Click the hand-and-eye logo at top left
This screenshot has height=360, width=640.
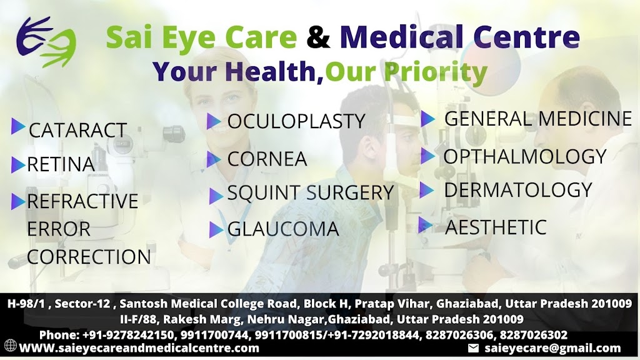pos(46,41)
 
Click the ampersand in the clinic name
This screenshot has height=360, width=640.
pos(318,37)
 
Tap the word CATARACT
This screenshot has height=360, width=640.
pos(77,130)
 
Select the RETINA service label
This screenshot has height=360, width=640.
pos(61,164)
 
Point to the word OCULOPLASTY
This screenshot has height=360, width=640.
pos(296,121)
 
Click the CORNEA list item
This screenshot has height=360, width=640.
pos(267,159)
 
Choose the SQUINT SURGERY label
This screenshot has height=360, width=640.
pos(310,192)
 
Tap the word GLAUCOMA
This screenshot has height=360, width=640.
pos(283,229)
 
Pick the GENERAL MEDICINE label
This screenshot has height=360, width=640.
pos(538,119)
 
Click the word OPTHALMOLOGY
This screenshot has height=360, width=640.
pos(525,156)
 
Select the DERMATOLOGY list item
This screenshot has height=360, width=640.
pos(518,190)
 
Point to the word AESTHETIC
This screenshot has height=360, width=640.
pos(496,227)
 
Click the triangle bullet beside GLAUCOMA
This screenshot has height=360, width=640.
pos(216,229)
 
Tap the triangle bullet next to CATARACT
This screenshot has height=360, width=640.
pos(18,126)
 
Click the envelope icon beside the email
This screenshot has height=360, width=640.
pos(473,348)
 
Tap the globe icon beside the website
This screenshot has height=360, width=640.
pos(11,345)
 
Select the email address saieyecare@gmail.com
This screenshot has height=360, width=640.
pos(552,348)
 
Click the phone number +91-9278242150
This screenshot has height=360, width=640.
pos(128,335)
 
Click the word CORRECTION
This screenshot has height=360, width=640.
pos(89,257)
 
